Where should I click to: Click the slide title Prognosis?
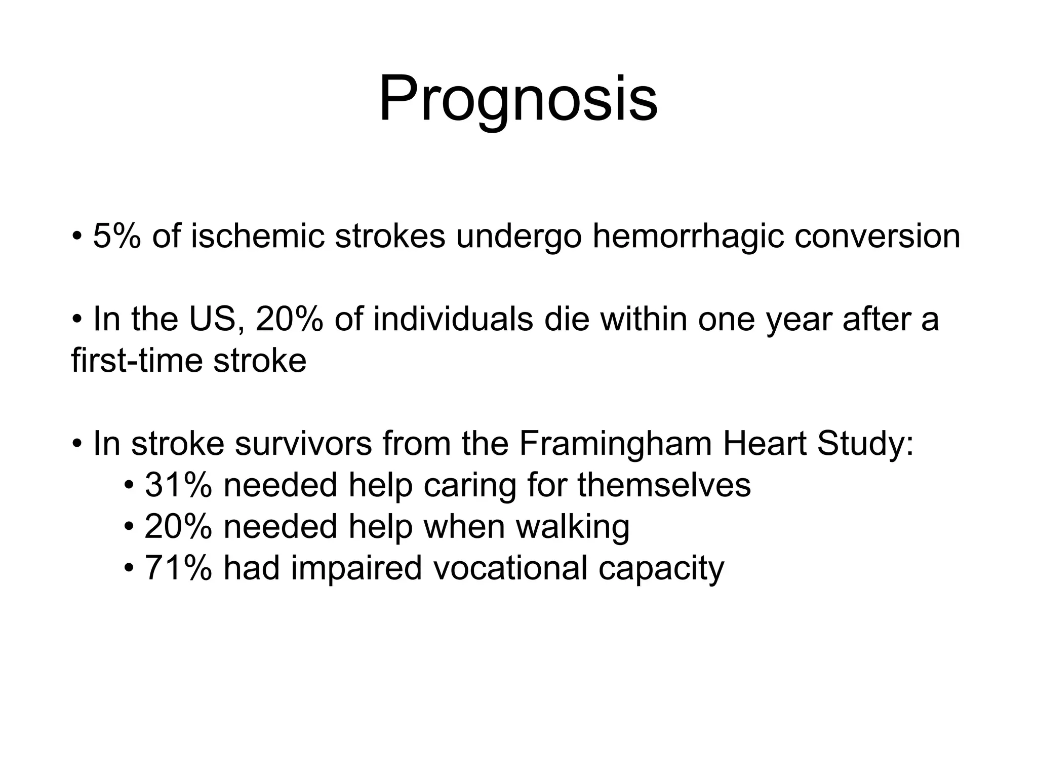tap(518, 100)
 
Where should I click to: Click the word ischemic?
tap(257, 237)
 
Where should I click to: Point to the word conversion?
tap(876, 237)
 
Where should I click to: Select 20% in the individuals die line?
tap(289, 320)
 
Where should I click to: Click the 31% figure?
tap(178, 485)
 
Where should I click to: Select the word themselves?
tap(664, 485)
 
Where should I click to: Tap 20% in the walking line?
tap(178, 527)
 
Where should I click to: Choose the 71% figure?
tap(178, 568)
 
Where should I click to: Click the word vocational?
tap(510, 568)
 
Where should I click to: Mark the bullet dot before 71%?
tap(129, 568)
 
